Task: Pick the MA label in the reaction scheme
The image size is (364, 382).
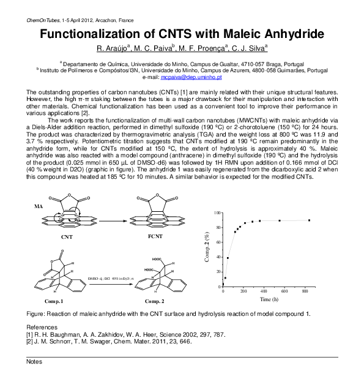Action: click(39, 207)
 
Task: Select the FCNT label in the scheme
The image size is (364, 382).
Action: click(155, 235)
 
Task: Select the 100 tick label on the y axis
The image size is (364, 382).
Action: click(217, 212)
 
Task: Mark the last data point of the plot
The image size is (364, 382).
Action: click(310, 220)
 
